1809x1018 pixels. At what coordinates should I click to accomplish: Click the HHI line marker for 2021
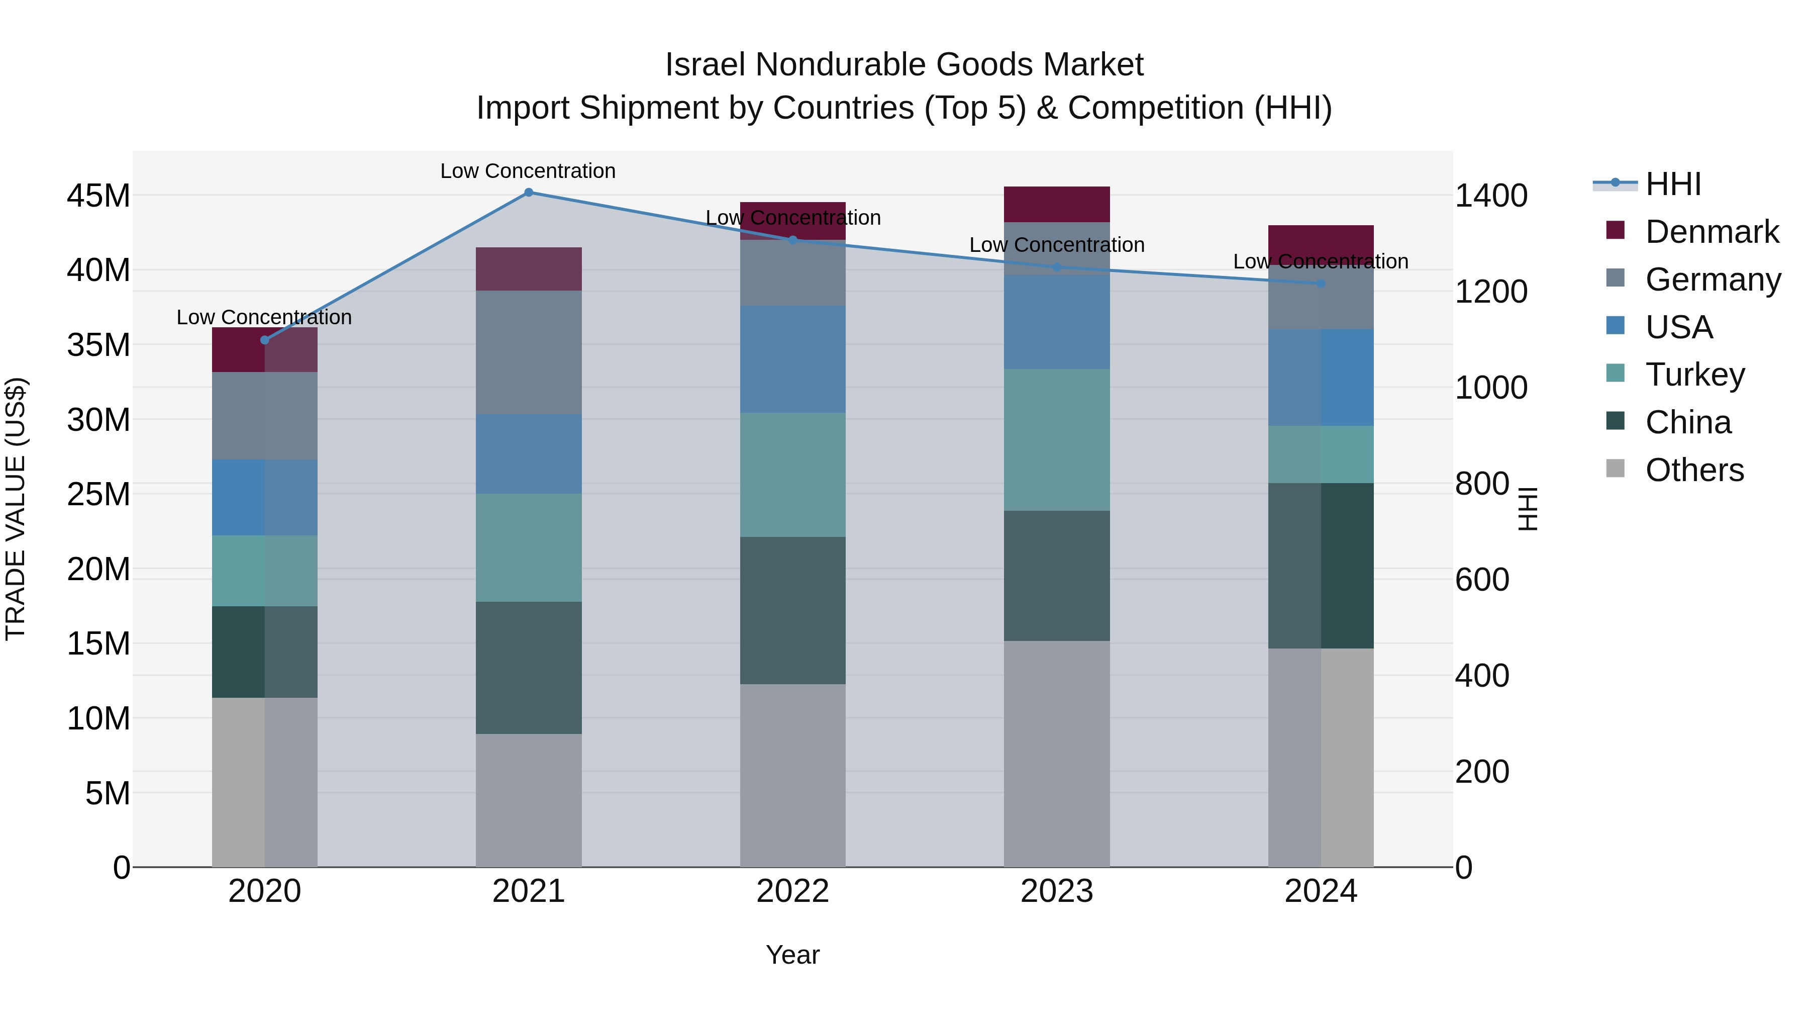[529, 193]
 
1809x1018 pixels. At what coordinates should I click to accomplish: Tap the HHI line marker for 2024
[1321, 283]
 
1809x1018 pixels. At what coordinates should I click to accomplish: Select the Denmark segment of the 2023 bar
[1057, 205]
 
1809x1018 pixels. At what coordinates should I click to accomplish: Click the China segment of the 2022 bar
[793, 610]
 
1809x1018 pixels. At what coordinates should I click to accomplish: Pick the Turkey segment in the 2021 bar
[529, 547]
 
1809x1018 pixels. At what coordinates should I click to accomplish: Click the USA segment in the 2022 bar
[793, 359]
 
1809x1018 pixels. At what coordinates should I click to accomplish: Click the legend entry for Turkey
[1694, 375]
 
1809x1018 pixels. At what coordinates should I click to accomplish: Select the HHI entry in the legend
[1673, 184]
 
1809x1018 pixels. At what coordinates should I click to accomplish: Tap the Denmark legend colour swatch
[1615, 230]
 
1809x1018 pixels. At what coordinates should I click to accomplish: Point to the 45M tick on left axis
[98, 196]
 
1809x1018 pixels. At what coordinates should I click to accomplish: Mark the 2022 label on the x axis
[793, 891]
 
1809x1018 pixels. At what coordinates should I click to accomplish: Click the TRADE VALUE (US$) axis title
[16, 509]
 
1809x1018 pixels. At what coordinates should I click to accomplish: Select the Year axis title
[793, 955]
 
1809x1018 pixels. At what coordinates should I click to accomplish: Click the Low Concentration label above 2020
[264, 318]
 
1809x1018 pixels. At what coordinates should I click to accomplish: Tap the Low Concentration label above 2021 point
[528, 171]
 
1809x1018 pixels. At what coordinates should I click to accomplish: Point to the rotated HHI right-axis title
[1528, 509]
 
